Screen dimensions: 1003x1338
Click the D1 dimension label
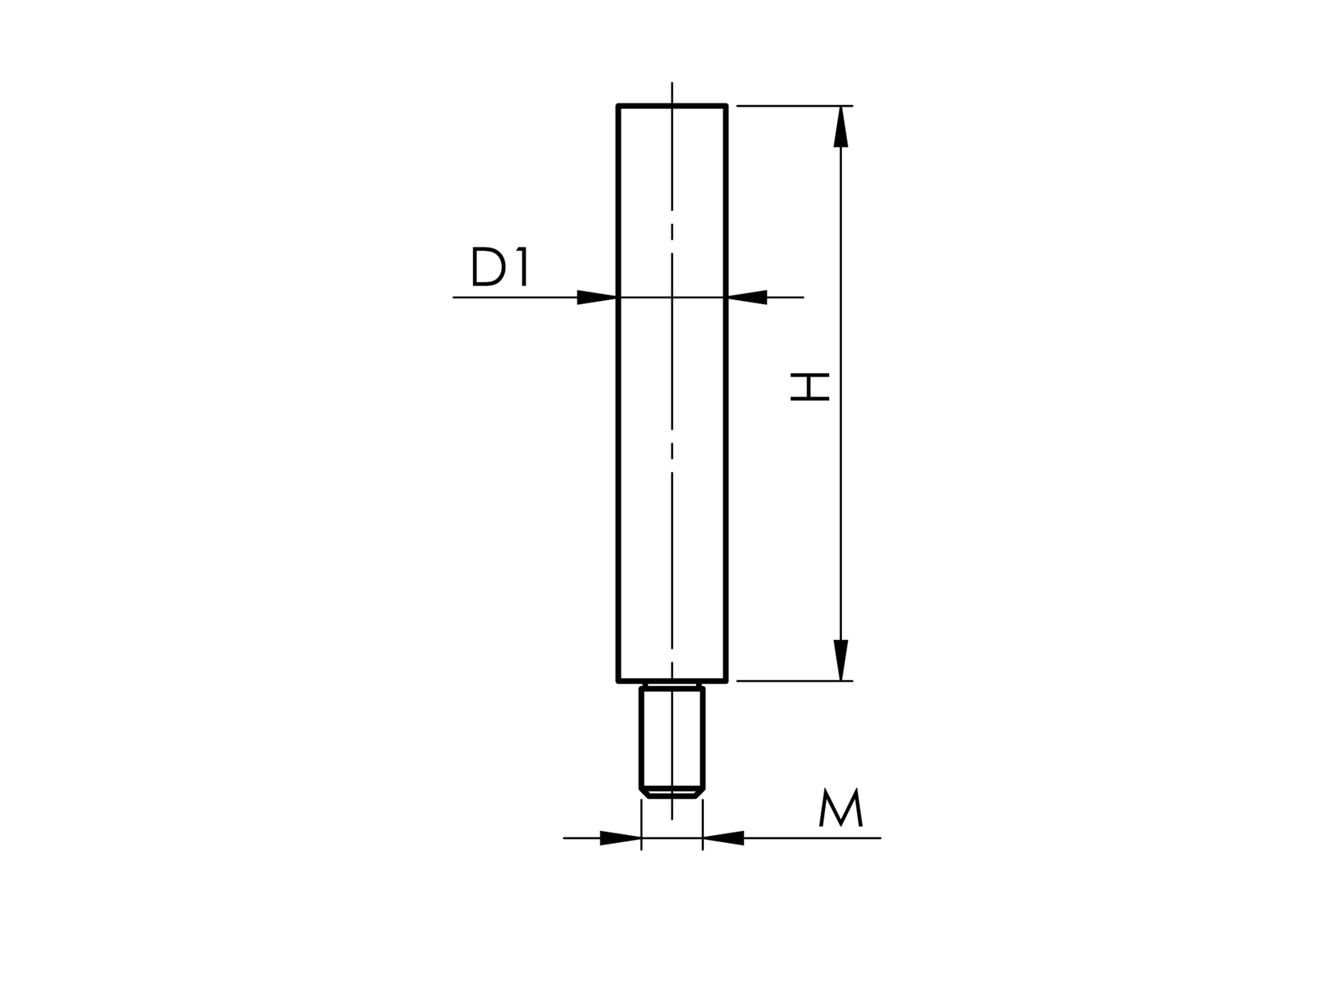pos(500,267)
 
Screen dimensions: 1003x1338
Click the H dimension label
pos(809,387)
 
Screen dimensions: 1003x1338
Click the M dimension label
pos(840,809)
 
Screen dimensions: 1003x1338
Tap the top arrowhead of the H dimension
pos(840,127)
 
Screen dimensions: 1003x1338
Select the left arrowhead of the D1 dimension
pos(596,298)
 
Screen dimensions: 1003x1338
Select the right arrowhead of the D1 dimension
pos(748,298)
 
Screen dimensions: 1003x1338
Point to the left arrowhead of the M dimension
pos(620,838)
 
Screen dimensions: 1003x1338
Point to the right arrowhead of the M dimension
pos(723,838)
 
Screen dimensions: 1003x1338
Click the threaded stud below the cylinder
pos(672,736)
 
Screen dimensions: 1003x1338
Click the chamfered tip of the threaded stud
pos(672,793)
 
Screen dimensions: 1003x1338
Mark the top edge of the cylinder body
pos(672,105)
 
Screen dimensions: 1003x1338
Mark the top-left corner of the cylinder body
pos(619,106)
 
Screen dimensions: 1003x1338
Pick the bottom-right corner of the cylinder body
pos(726,681)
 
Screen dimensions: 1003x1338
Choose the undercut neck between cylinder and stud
pos(672,685)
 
